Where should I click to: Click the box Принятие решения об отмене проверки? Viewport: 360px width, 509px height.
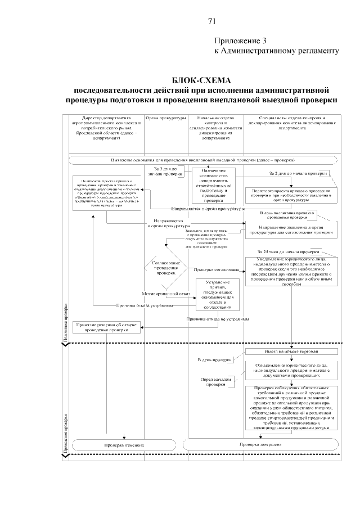pos(106,328)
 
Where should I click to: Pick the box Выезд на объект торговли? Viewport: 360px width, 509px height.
pos(291,352)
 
